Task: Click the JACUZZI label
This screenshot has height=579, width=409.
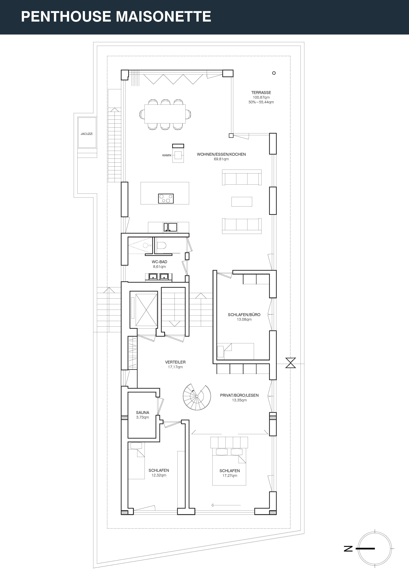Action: (x=86, y=134)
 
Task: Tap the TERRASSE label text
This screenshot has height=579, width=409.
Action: (x=261, y=93)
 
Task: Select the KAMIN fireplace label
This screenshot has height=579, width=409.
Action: (x=167, y=155)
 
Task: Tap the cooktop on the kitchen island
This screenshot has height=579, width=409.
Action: (x=166, y=198)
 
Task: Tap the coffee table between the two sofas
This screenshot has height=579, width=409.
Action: (x=242, y=202)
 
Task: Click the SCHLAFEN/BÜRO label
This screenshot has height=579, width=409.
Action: (x=244, y=315)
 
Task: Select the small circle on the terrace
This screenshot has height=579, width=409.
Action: (x=274, y=73)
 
